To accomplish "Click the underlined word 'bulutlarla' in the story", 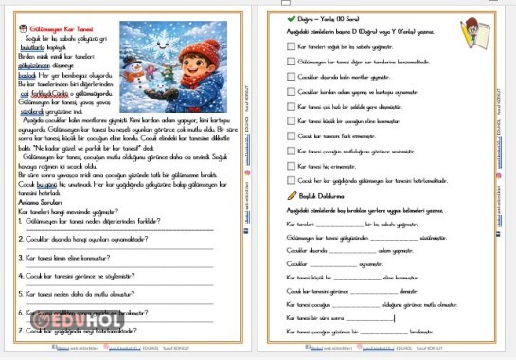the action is click(x=32, y=45).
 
